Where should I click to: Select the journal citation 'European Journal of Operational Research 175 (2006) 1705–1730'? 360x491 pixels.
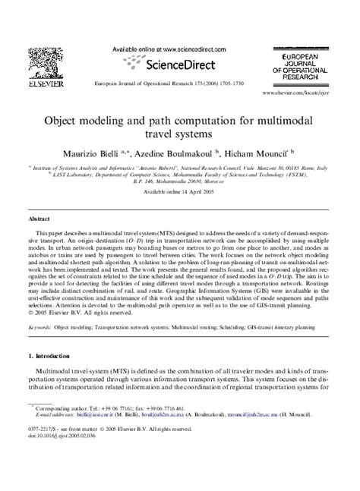[x=180, y=83]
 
